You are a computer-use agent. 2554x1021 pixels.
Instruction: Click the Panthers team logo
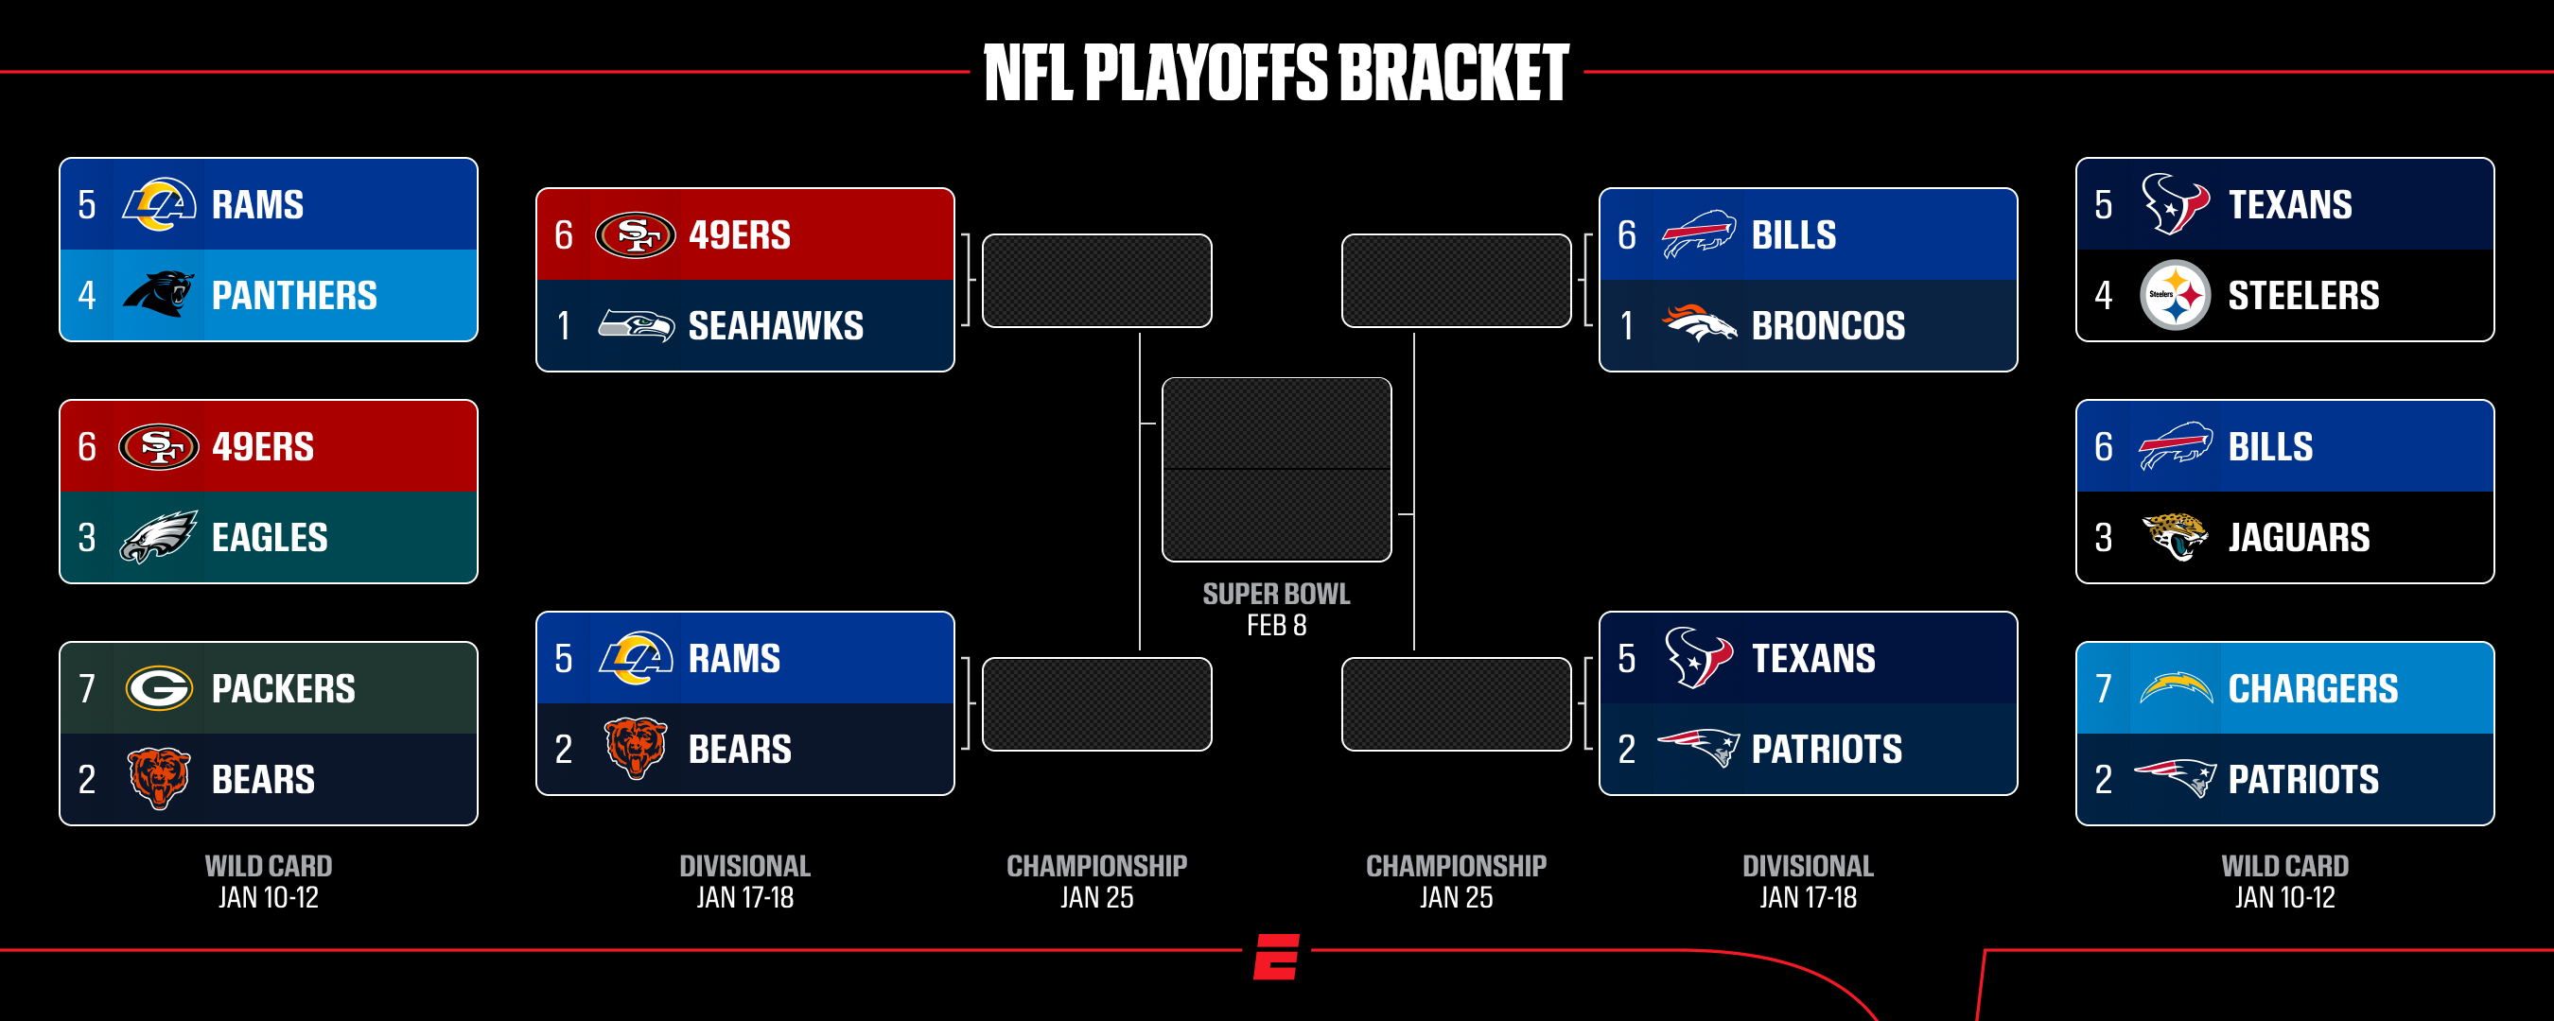159,294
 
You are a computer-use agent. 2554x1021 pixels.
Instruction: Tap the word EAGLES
270,538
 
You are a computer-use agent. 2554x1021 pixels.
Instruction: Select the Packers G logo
159,688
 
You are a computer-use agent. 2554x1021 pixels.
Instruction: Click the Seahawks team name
776,326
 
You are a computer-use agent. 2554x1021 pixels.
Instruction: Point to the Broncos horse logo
1698,324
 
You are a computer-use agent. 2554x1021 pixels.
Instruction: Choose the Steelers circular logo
2175,294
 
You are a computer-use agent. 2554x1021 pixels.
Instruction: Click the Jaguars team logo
2175,536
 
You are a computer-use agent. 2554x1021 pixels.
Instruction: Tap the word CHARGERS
2313,689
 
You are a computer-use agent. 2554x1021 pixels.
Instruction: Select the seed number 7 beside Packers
87,689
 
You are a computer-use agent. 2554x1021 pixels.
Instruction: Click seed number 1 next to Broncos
1626,326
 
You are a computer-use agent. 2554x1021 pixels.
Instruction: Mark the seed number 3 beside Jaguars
2103,538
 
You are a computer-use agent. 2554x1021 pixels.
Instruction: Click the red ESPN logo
1277,957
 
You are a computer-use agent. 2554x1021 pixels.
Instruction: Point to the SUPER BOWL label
1276,594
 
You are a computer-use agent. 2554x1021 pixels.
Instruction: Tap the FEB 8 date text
1276,626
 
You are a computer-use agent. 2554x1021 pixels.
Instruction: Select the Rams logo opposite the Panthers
159,203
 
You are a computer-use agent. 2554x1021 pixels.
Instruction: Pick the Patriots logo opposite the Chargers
2175,778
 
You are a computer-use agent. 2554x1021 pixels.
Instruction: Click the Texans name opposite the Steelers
2290,205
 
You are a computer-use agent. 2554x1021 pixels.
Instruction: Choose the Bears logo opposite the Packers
159,778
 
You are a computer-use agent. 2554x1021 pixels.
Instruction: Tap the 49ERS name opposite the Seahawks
740,236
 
